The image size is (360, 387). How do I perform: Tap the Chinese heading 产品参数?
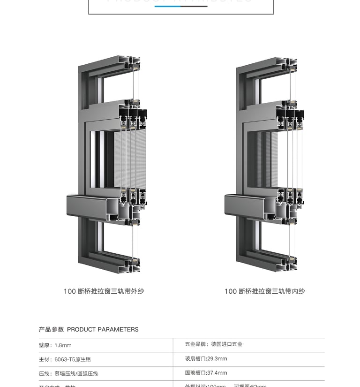point(51,329)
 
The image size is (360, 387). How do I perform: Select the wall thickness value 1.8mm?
point(63,345)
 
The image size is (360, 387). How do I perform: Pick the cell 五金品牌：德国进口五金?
point(214,344)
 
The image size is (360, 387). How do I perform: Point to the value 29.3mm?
point(217,359)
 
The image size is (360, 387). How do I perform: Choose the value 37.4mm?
point(217,373)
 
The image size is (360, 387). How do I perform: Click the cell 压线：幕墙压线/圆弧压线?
point(68,373)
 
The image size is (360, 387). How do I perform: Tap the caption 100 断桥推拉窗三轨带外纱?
point(104,291)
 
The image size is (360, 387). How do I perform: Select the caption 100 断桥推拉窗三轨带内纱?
point(264,291)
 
